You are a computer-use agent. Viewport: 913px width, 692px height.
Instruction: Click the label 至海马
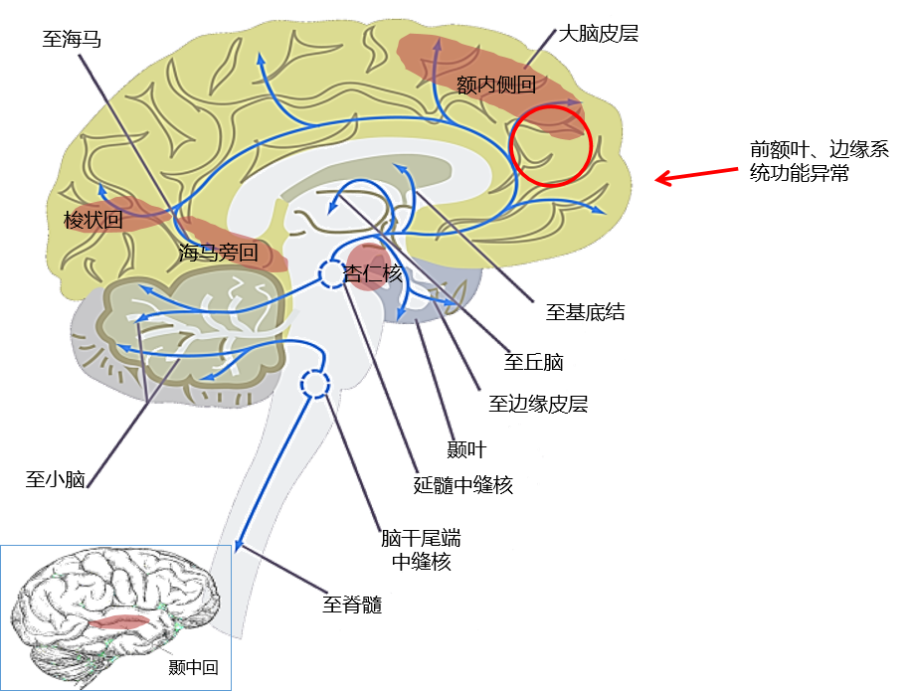(x=73, y=40)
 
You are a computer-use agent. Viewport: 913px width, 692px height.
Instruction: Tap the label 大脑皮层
(x=598, y=34)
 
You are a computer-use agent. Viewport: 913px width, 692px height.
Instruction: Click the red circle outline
(x=550, y=144)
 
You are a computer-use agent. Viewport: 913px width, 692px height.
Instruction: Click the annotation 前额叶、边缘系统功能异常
(x=820, y=160)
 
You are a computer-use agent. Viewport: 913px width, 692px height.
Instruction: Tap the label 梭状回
(x=93, y=220)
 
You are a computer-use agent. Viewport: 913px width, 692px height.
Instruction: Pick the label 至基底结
(x=585, y=312)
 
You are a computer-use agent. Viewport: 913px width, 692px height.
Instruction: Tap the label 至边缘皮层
(x=538, y=404)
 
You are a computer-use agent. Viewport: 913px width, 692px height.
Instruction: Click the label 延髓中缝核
(x=462, y=485)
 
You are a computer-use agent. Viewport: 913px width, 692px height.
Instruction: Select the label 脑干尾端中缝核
(x=421, y=550)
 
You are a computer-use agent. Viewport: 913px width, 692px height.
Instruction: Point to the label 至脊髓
(x=352, y=605)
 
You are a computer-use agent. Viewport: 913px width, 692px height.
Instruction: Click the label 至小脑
(x=55, y=480)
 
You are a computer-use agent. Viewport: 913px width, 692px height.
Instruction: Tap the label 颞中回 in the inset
(x=194, y=667)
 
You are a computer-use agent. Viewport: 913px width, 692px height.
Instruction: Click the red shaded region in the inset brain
(x=121, y=621)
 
